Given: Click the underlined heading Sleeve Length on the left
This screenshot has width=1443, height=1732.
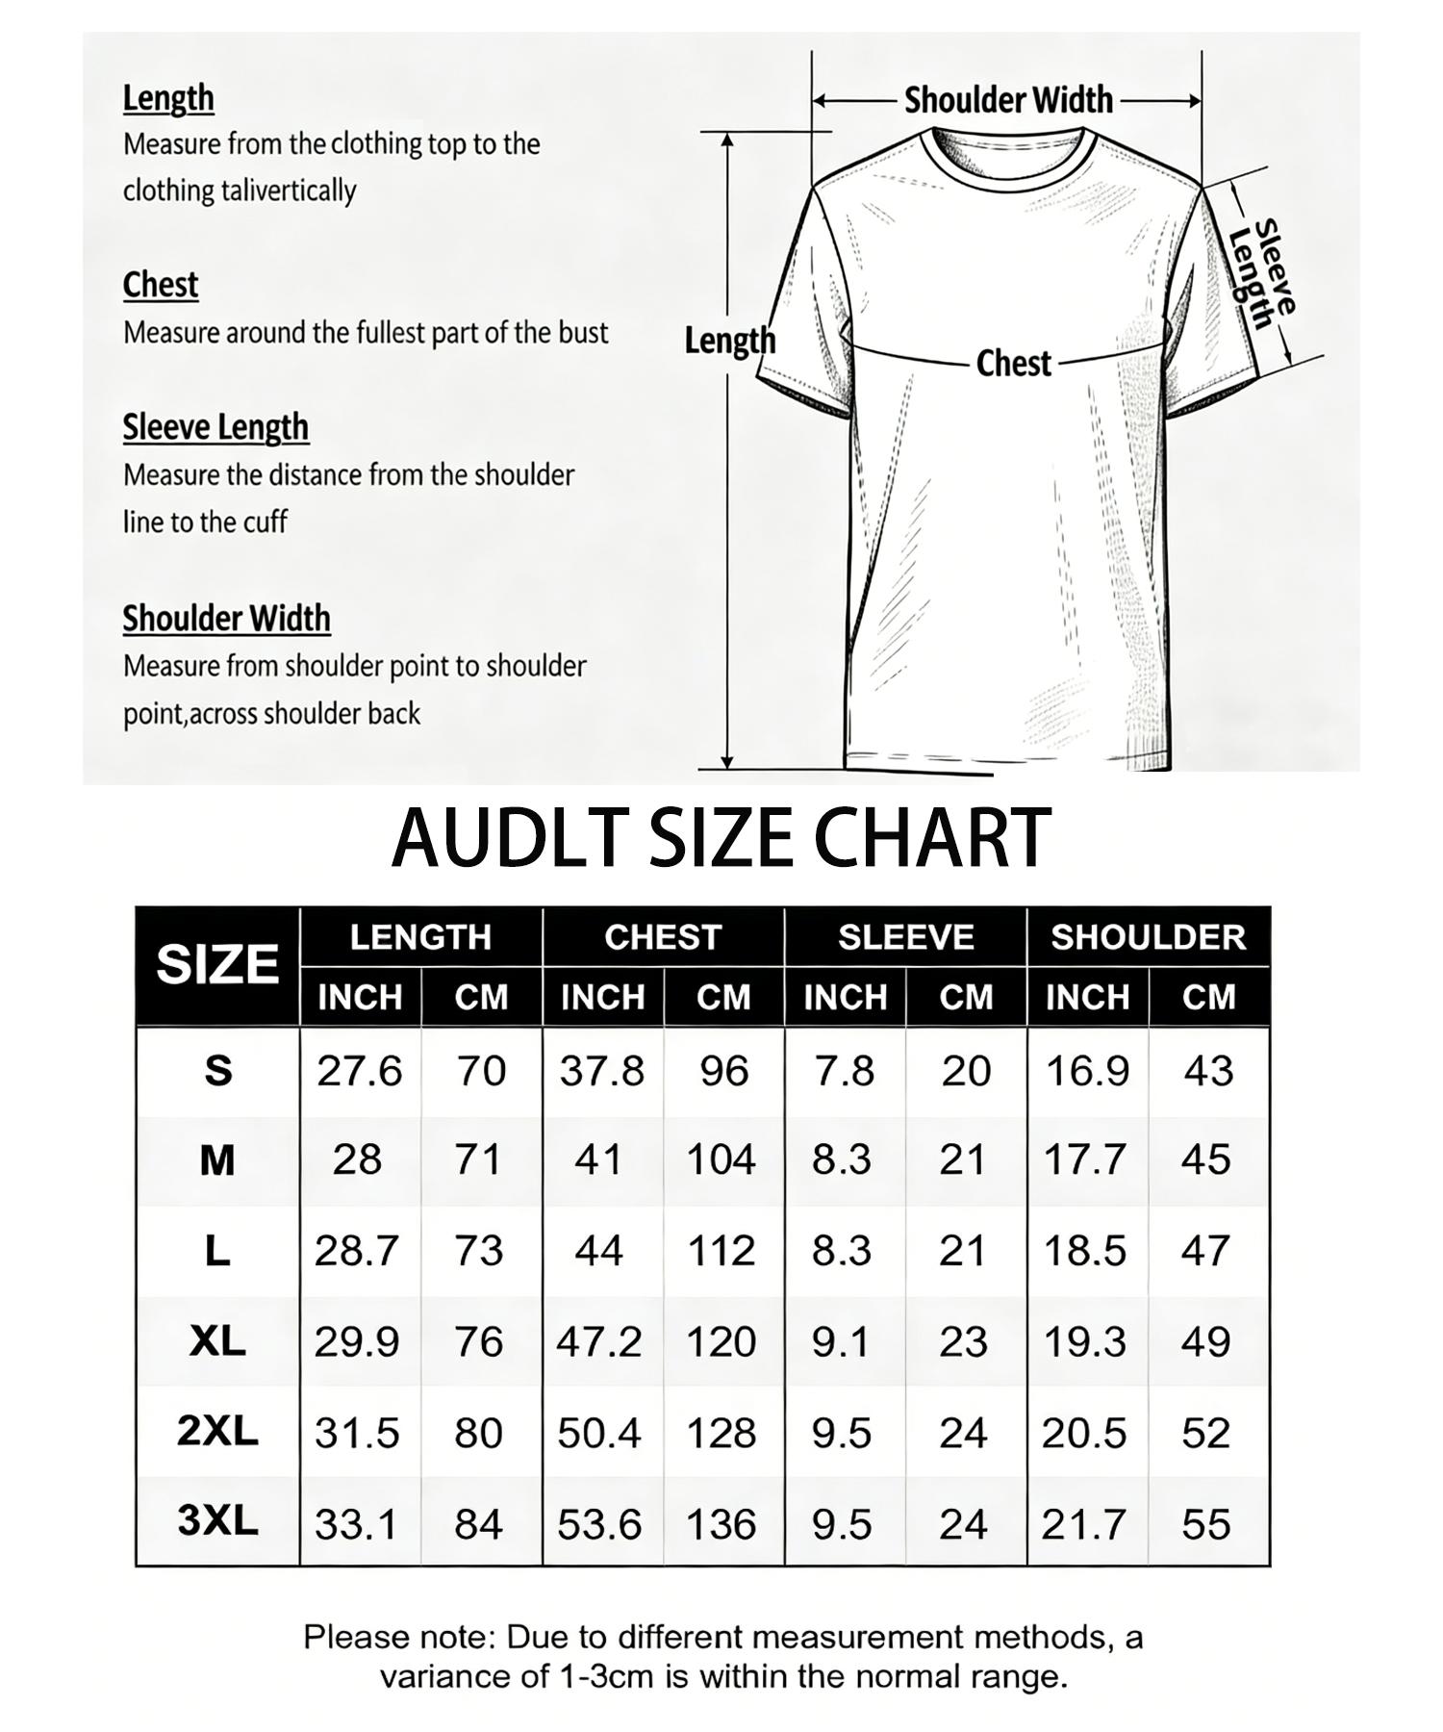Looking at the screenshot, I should [x=215, y=427].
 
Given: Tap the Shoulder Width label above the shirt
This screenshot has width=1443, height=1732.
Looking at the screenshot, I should [x=1008, y=100].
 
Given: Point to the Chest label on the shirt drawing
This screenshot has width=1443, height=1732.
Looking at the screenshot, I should [x=1013, y=364].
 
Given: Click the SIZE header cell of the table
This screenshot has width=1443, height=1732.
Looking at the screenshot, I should [x=217, y=964].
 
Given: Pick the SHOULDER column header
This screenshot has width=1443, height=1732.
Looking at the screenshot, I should [x=1148, y=937].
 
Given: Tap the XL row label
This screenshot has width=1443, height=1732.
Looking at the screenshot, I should [x=217, y=1341].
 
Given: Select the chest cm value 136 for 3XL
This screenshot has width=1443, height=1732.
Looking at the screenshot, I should [x=721, y=1524].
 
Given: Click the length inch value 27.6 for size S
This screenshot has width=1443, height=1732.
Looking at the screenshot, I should [x=359, y=1071].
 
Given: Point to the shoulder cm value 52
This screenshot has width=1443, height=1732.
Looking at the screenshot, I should [x=1206, y=1434].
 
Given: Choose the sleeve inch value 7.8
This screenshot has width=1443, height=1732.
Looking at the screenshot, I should [x=844, y=1071].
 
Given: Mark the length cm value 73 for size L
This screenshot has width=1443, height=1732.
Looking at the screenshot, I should [x=479, y=1251].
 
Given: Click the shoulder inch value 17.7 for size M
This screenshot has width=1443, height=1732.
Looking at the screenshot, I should [x=1085, y=1160].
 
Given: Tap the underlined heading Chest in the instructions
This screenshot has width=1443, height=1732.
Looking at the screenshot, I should [x=161, y=285].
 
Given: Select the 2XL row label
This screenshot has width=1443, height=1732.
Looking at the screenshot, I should [x=217, y=1432].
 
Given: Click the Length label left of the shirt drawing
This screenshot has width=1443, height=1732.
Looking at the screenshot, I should [x=729, y=341].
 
